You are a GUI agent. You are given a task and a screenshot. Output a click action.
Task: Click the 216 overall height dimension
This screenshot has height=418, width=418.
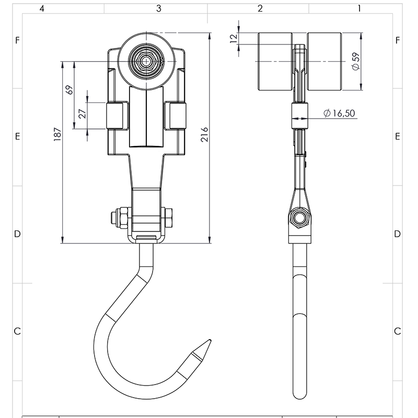click(205, 137)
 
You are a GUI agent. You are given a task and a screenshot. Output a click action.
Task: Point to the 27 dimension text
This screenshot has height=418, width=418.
click(82, 114)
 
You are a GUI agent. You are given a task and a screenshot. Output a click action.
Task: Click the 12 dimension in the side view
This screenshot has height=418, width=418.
click(234, 38)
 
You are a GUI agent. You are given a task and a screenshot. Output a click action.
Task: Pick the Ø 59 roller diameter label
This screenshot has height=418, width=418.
click(355, 62)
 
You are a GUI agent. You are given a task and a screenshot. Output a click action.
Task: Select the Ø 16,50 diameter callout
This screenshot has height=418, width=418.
click(340, 113)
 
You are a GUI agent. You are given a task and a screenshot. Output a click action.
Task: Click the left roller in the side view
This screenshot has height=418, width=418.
click(275, 62)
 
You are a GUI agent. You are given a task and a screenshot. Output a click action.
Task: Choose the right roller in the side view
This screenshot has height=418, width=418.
click(325, 62)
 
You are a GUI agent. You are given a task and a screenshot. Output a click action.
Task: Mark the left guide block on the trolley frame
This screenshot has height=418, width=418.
click(118, 116)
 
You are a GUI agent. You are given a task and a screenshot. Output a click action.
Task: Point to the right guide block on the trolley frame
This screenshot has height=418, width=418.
click(176, 116)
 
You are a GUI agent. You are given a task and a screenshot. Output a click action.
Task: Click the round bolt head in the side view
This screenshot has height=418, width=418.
click(299, 218)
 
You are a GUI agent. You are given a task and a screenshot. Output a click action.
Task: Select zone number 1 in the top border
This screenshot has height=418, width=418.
click(359, 8)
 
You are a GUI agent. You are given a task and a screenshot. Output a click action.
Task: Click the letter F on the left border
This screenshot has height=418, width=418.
click(17, 40)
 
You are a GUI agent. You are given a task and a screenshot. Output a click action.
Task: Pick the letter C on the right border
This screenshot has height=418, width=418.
click(398, 331)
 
